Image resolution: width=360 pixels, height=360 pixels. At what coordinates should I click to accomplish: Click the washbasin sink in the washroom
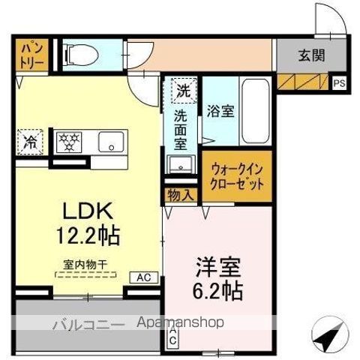point(180,165)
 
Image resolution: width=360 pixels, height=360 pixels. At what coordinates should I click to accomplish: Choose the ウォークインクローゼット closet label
point(236,175)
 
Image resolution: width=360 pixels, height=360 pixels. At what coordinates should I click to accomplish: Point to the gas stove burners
point(70,139)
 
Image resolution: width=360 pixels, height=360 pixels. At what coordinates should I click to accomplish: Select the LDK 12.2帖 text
point(85,226)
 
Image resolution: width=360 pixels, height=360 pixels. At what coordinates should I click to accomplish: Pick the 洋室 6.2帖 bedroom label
point(218,277)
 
